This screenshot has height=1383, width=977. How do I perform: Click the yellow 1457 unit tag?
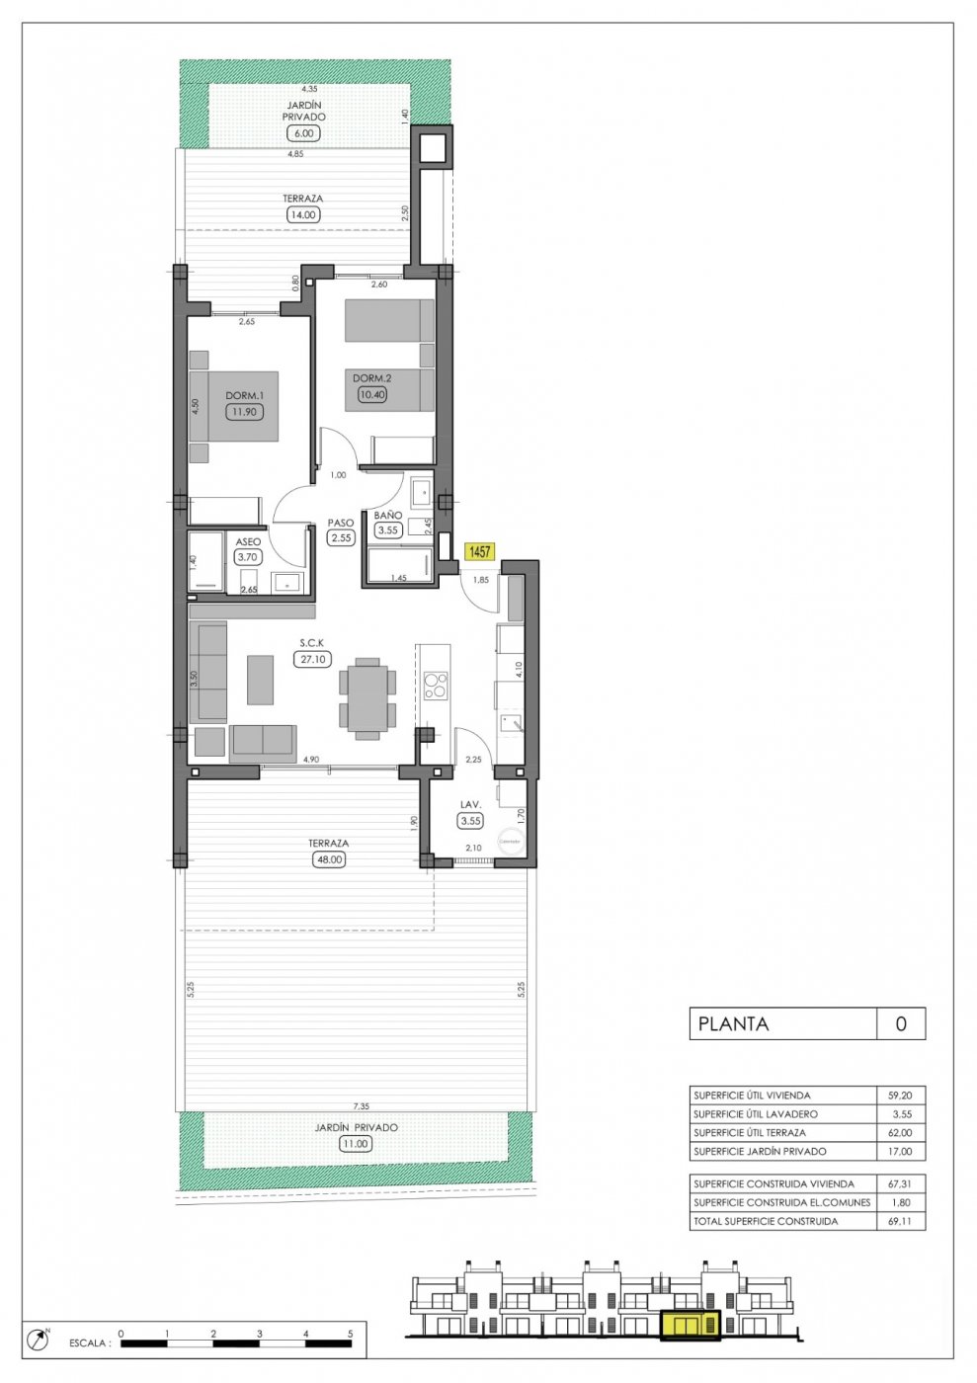coord(480,552)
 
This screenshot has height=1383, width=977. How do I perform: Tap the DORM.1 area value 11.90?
coord(244,412)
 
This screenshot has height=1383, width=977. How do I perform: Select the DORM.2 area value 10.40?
coord(372,394)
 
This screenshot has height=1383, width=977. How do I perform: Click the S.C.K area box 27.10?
coord(312,659)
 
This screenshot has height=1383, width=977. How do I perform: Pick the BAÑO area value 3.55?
coord(387,530)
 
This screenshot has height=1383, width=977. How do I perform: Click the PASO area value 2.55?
coord(341,538)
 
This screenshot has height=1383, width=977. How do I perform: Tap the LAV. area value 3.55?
coord(470,821)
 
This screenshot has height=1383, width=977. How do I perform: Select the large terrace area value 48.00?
coord(328,859)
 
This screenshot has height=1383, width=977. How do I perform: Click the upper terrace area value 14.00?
coord(302,214)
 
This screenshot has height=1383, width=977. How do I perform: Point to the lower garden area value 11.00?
coord(355,1144)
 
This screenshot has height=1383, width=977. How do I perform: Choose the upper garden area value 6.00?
coord(303,133)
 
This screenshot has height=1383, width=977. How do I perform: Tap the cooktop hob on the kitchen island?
coord(435,685)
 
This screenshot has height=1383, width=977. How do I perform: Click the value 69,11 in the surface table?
coord(900,1221)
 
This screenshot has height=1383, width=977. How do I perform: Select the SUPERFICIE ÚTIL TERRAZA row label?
coord(750,1132)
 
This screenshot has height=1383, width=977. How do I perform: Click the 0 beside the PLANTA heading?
coord(900,1023)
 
